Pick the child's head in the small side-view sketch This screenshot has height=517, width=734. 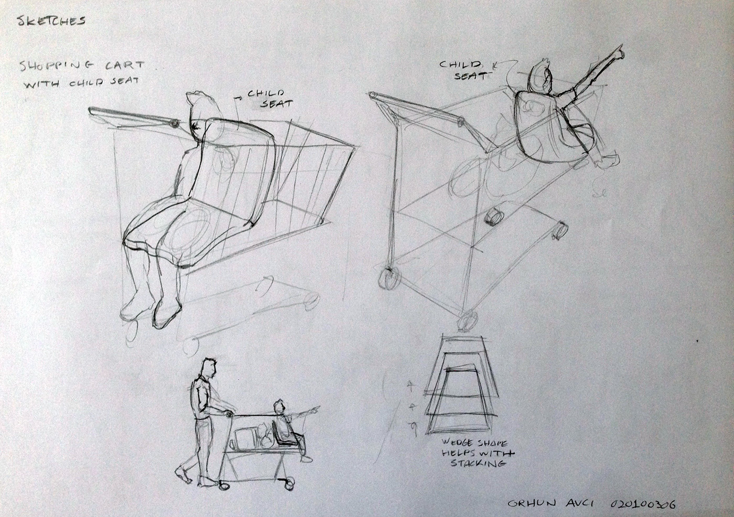(x=279, y=406)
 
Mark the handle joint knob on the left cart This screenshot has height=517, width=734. (x=174, y=124)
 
